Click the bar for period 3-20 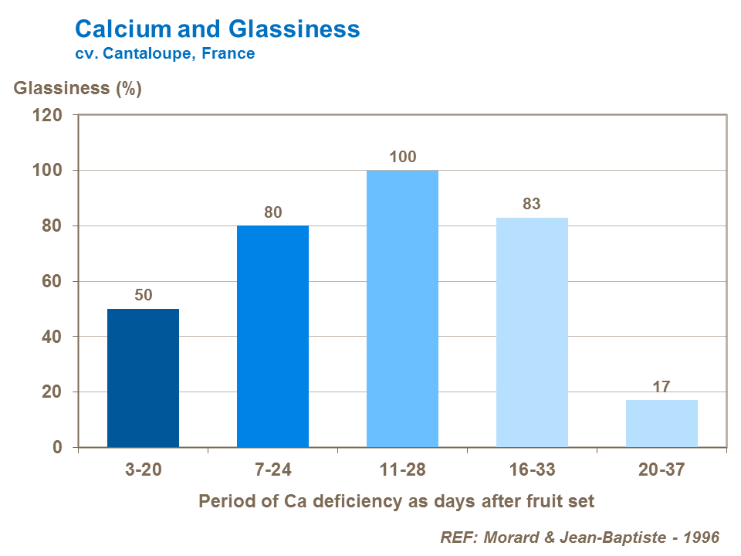(x=143, y=378)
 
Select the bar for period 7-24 (x=272, y=336)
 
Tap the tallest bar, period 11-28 (x=402, y=309)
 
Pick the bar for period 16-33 (x=532, y=332)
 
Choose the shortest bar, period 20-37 (x=661, y=423)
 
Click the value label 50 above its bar (x=143, y=295)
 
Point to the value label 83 (x=532, y=205)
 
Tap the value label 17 (x=661, y=386)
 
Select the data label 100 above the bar (x=402, y=157)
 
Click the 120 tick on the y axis (x=47, y=115)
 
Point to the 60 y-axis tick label (x=52, y=281)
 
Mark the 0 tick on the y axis (x=57, y=448)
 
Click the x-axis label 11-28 (x=402, y=470)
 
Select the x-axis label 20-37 (x=661, y=470)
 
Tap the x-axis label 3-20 (x=143, y=470)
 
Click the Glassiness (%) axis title (x=78, y=88)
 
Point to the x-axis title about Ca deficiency (x=397, y=501)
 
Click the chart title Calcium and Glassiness (x=217, y=29)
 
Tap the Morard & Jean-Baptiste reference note (x=579, y=537)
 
